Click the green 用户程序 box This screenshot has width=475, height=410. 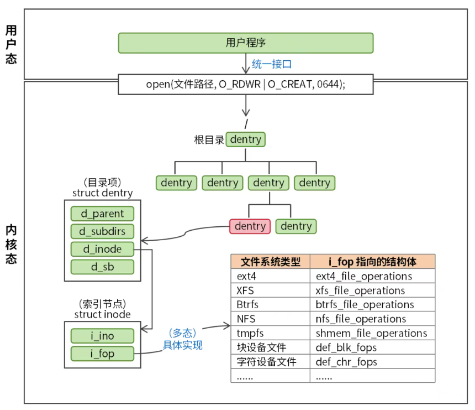[246, 43]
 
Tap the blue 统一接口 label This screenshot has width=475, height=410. [271, 64]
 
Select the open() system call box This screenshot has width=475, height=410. [246, 84]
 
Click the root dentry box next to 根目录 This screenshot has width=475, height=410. [246, 139]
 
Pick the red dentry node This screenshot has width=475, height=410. [250, 226]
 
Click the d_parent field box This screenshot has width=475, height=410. [103, 214]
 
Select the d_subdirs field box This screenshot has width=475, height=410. [103, 231]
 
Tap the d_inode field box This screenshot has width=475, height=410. [103, 249]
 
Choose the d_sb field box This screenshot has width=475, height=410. [103, 267]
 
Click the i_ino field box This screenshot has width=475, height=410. [103, 336]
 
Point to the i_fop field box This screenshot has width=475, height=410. [103, 354]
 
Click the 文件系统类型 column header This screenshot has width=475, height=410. [270, 262]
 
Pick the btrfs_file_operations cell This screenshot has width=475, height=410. [365, 305]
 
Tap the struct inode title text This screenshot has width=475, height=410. [102, 314]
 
